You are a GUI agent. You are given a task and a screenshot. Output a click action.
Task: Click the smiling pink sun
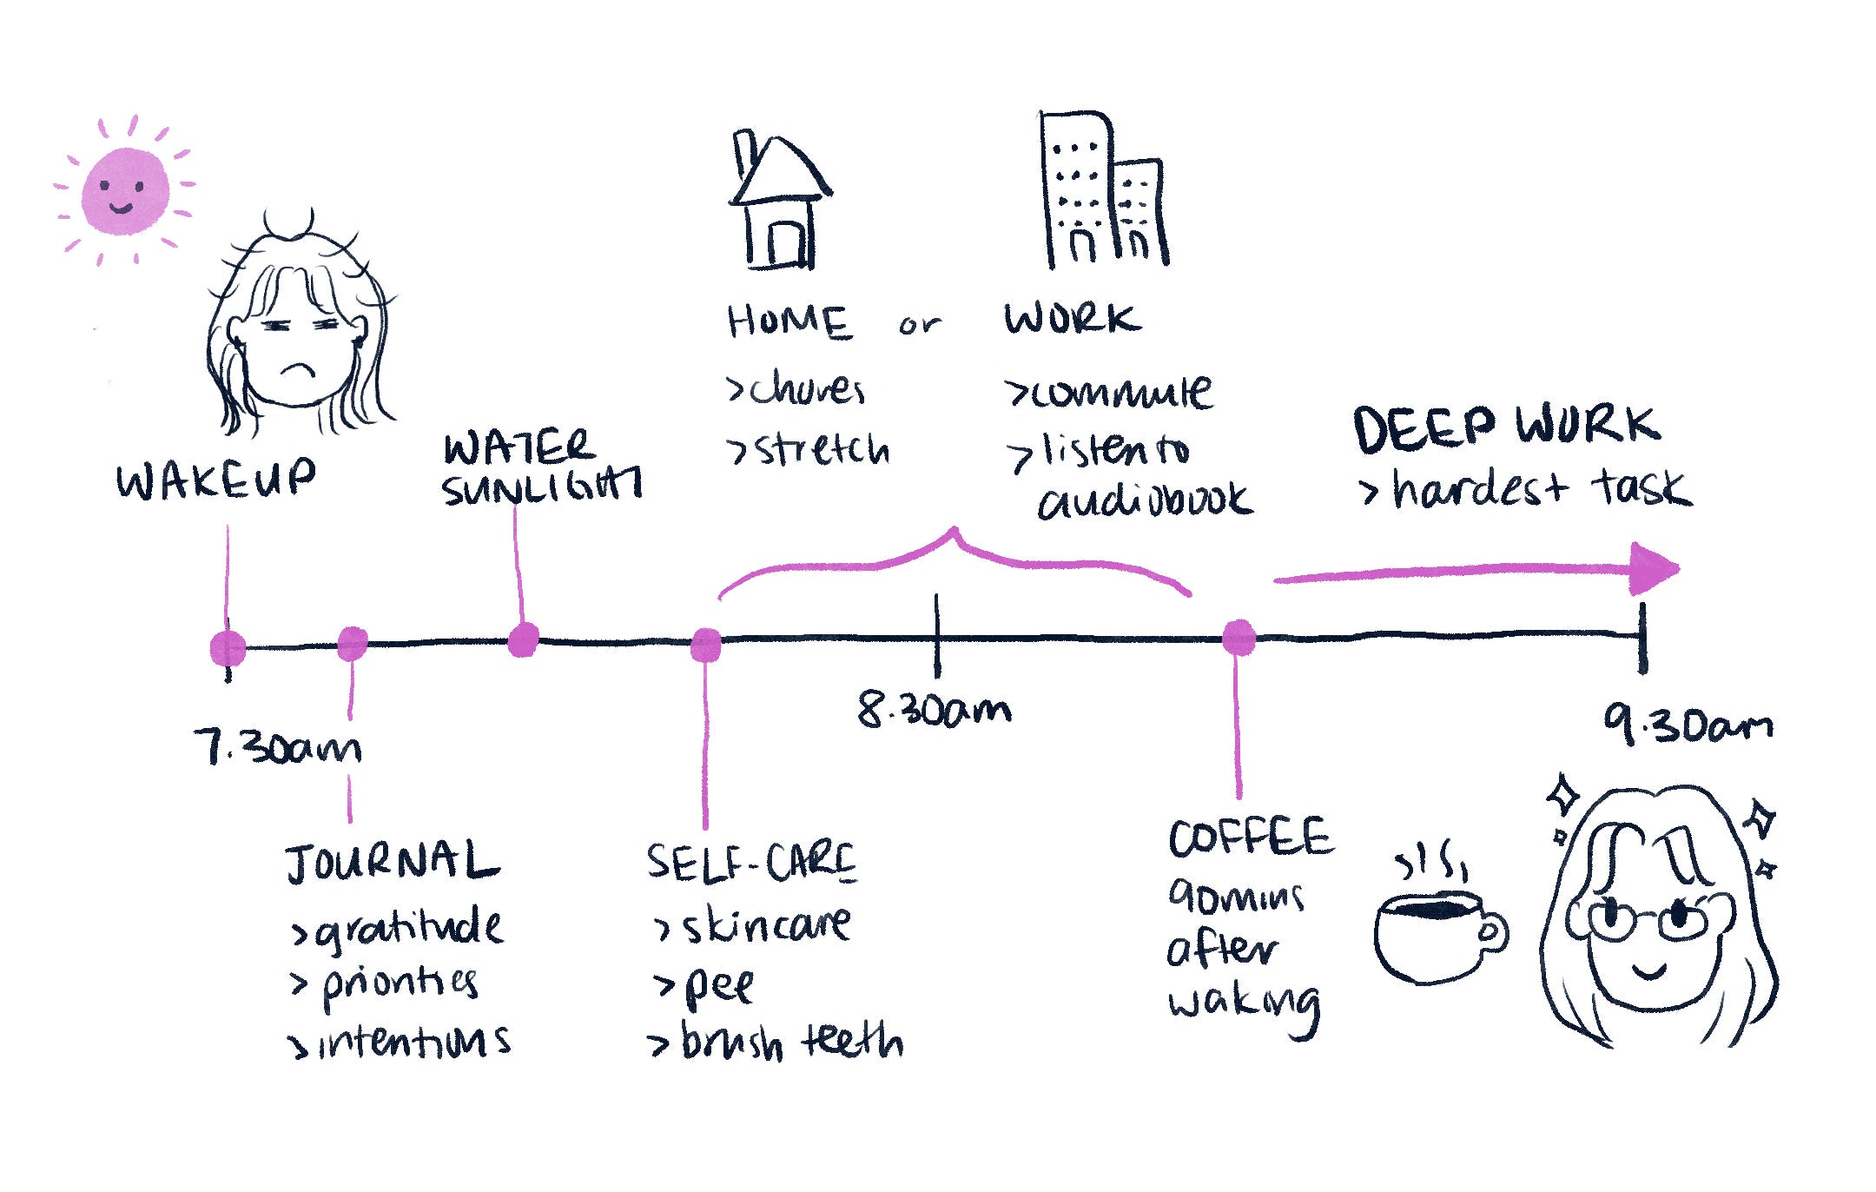(125, 191)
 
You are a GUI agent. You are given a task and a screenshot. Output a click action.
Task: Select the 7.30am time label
(277, 747)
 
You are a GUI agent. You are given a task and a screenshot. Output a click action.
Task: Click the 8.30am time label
(935, 710)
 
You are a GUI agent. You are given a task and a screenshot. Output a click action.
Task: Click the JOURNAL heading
(393, 862)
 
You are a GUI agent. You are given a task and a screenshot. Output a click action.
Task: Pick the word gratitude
(408, 928)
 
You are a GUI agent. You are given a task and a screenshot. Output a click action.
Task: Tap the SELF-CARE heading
(751, 863)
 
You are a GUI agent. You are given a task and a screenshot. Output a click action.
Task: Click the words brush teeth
(791, 1040)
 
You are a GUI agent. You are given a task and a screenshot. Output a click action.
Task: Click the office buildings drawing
(1103, 191)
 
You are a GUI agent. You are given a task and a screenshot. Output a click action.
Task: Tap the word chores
(807, 389)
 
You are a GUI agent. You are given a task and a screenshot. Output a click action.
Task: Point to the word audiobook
(1145, 500)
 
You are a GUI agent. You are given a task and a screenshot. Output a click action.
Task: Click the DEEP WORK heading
(1506, 427)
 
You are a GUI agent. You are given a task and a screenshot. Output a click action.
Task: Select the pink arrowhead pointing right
(1653, 569)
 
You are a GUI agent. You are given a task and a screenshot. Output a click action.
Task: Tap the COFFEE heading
(1250, 838)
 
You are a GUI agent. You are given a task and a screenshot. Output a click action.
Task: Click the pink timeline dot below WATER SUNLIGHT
(523, 640)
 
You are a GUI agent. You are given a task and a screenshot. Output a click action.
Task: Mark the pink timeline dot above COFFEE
(1239, 637)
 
